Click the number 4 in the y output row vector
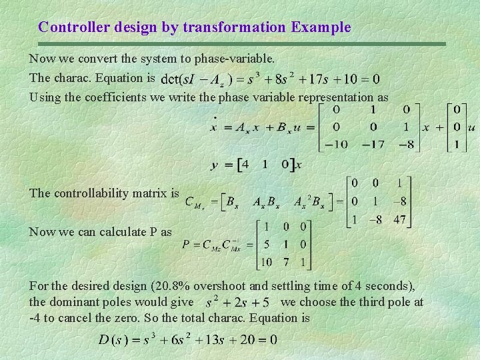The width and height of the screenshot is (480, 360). [245, 164]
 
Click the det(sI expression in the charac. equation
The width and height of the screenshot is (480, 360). [180, 79]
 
